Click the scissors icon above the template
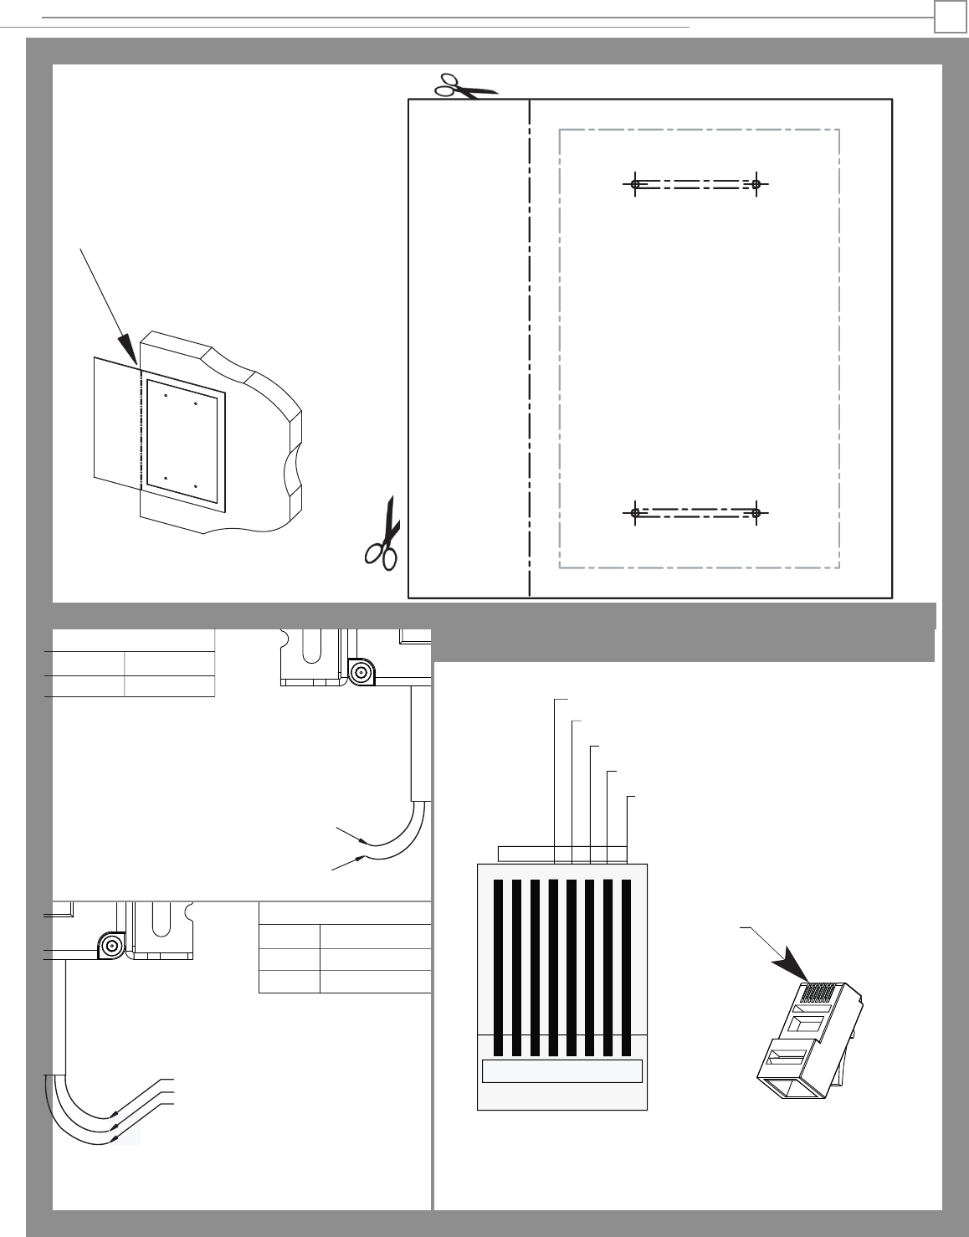click(465, 87)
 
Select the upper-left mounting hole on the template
click(635, 184)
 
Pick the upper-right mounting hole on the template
click(756, 184)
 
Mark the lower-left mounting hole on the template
click(635, 512)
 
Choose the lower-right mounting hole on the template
click(756, 512)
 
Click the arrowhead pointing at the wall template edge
click(128, 349)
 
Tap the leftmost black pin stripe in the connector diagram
click(498, 967)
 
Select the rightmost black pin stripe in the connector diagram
click(627, 967)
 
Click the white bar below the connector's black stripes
click(562, 1071)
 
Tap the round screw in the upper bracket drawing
click(361, 672)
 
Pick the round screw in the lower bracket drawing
click(110, 946)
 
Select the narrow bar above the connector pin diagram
click(562, 854)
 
